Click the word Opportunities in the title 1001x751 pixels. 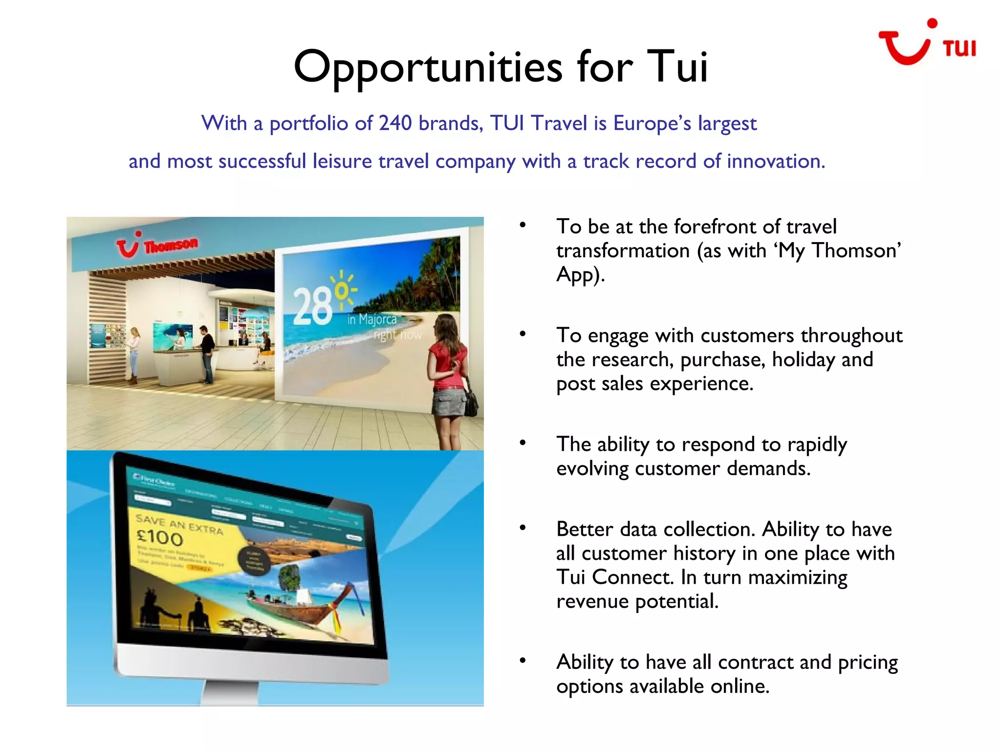428,67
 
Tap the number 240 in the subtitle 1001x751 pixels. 395,123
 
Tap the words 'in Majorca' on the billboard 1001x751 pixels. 372,320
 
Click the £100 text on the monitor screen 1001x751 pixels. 159,538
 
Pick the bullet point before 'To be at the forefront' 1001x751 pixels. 522,225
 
